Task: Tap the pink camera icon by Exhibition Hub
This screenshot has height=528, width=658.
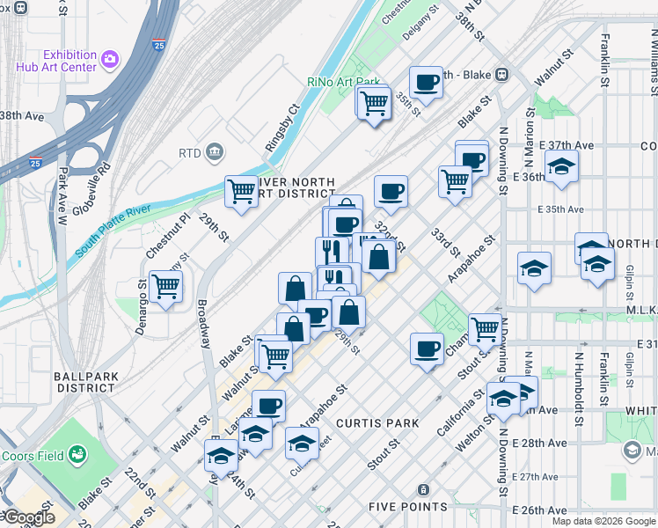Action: point(110,60)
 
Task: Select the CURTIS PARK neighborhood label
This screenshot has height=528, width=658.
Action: point(382,423)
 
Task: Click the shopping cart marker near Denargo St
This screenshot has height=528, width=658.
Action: point(165,286)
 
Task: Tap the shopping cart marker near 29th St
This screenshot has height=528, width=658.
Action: point(241,191)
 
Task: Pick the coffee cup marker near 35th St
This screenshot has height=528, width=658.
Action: point(426,83)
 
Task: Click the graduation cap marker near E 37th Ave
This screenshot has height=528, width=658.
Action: point(560,165)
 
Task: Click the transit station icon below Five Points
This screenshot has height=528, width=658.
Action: point(423,489)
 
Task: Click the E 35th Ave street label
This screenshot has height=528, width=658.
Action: point(562,209)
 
